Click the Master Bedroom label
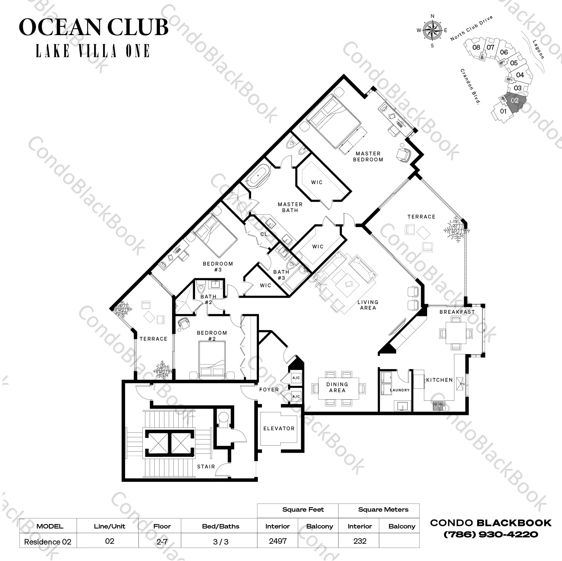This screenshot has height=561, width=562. [x=368, y=156]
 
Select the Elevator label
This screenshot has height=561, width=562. [x=279, y=428]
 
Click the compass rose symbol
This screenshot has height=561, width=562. [x=432, y=31]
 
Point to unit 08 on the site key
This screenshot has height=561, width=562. [x=476, y=47]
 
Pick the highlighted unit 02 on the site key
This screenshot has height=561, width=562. [x=515, y=100]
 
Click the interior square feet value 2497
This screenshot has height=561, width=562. [x=278, y=541]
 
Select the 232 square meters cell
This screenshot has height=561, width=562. [x=359, y=541]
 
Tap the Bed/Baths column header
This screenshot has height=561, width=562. [x=220, y=526]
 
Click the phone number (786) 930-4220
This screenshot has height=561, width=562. [x=491, y=534]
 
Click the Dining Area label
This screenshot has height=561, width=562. [x=337, y=387]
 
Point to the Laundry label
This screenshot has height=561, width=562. [x=400, y=390]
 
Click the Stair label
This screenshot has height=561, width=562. [x=206, y=467]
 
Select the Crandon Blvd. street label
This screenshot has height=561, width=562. [x=470, y=86]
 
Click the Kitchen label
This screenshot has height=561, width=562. [x=439, y=380]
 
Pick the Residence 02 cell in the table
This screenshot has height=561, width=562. [x=47, y=542]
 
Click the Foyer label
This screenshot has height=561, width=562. [x=269, y=390]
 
